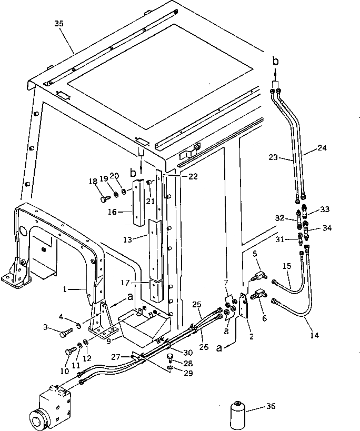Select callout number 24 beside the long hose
pos(322,148)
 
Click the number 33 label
pos(325,209)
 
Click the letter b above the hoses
pos(275,62)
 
